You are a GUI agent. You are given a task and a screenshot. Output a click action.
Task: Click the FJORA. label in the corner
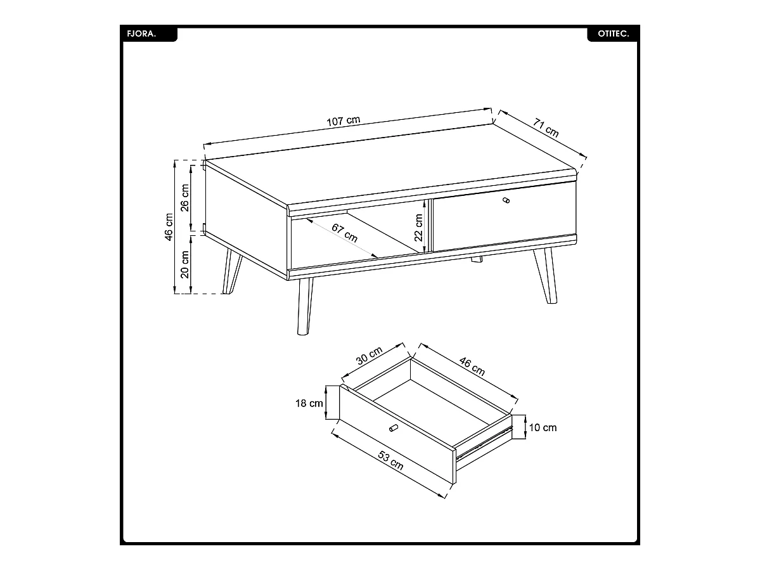pyautogui.click(x=141, y=34)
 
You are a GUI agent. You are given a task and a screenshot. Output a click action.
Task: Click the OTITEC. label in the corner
pyautogui.click(x=613, y=34)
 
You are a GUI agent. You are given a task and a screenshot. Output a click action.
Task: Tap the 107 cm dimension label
pyautogui.click(x=343, y=120)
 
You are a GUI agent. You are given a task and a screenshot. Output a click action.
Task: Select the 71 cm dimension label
pyautogui.click(x=546, y=127)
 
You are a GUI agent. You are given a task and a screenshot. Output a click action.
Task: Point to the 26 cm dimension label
pyautogui.click(x=184, y=198)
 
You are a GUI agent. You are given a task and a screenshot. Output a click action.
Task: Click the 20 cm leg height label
pyautogui.click(x=184, y=264)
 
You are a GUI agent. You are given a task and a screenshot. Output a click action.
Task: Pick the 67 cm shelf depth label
pyautogui.click(x=345, y=233)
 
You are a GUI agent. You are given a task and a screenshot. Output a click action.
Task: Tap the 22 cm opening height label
pyautogui.click(x=419, y=228)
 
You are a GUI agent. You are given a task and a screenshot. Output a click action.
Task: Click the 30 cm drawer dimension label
pyautogui.click(x=370, y=355)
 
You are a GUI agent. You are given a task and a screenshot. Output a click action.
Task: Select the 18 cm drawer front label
pyautogui.click(x=309, y=403)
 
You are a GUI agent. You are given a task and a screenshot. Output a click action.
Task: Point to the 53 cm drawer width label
pyautogui.click(x=390, y=460)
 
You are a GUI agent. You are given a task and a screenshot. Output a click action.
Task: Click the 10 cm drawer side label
pyautogui.click(x=543, y=427)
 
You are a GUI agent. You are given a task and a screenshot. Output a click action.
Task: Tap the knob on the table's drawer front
pyautogui.click(x=506, y=200)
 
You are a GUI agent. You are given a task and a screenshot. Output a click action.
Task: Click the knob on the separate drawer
pyautogui.click(x=393, y=427)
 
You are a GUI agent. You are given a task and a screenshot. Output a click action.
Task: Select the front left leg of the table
pyautogui.click(x=305, y=307)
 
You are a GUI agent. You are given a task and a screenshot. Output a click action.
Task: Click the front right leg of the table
pyautogui.click(x=546, y=275)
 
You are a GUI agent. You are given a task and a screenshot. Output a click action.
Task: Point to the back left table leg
pyautogui.click(x=231, y=271)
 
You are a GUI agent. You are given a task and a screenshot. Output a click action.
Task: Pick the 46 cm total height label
pyautogui.click(x=168, y=227)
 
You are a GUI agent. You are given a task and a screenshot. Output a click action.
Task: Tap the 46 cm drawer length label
pyautogui.click(x=472, y=366)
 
